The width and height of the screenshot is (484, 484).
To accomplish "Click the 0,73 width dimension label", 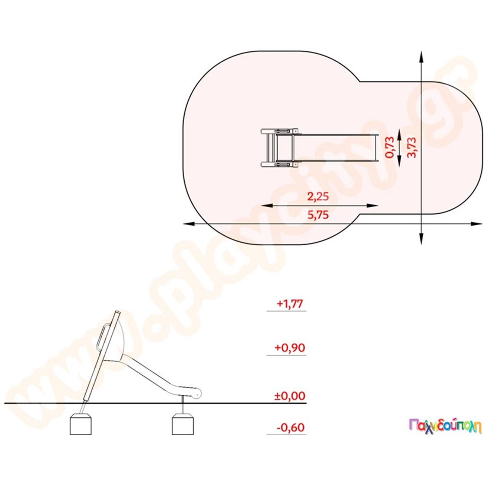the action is [389, 147].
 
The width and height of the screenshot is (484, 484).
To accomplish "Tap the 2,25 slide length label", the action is [318, 197].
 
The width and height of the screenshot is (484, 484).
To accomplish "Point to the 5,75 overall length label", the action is [318, 215].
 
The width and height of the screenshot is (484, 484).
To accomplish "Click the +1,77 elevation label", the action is [290, 304].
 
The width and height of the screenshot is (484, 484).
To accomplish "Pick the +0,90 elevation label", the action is [290, 348].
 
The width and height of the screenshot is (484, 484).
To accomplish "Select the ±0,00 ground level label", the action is [290, 396].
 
